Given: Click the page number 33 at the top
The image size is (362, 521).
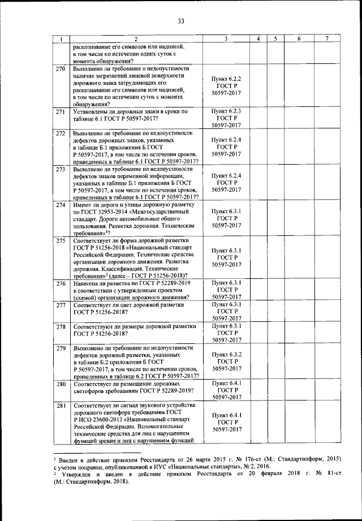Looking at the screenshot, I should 181,21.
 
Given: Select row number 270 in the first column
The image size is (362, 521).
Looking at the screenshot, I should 60,69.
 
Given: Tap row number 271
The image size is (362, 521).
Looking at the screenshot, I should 60,112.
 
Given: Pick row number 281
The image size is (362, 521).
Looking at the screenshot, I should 60,406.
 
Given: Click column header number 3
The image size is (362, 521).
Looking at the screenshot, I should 226,38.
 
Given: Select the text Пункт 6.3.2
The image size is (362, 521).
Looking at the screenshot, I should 226,354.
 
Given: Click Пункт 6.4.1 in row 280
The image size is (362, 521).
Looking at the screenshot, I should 226,383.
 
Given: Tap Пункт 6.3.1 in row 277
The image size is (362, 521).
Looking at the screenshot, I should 226,304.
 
